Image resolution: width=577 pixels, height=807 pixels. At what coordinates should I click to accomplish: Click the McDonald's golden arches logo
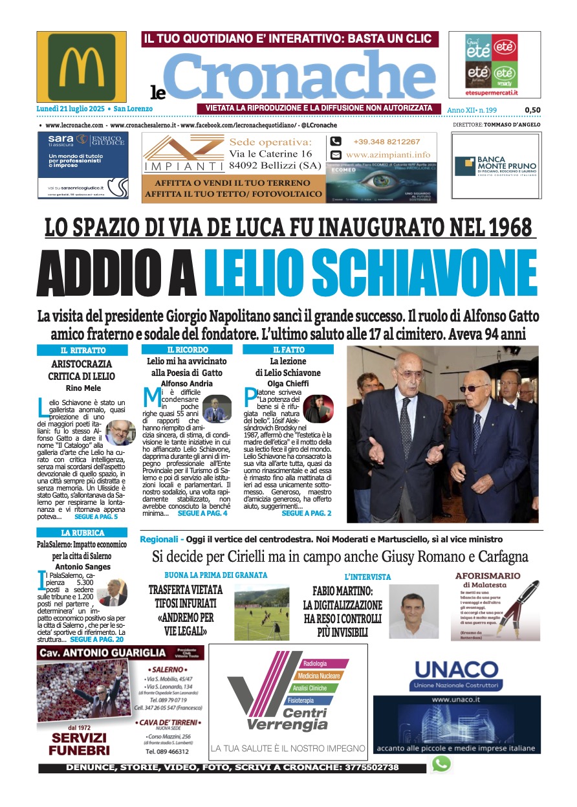[82, 66]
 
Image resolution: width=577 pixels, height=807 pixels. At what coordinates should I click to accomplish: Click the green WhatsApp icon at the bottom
[441, 764]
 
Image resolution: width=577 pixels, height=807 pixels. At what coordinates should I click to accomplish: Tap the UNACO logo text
[457, 669]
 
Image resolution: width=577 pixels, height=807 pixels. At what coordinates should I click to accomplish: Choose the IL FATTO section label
[288, 349]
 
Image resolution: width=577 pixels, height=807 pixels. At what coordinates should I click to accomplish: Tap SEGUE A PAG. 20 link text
[95, 638]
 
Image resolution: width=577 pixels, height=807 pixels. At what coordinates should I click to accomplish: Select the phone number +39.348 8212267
[386, 142]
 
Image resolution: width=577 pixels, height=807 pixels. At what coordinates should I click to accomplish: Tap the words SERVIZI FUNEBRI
[80, 744]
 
